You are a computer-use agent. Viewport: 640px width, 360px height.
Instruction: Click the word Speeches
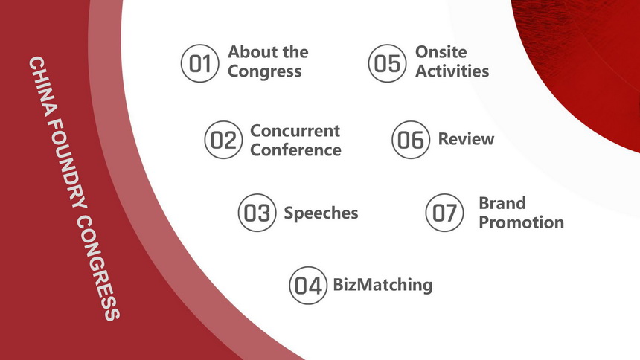321,213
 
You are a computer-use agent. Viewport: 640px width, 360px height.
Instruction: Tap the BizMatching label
383,285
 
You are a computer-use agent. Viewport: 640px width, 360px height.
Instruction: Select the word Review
466,139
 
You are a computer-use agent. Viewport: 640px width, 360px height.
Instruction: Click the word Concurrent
295,131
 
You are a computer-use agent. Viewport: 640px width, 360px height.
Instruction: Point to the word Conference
296,150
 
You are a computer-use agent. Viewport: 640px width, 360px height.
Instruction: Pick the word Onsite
441,52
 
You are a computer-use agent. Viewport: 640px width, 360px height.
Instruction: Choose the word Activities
452,71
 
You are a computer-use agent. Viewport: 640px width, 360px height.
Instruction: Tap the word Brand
502,203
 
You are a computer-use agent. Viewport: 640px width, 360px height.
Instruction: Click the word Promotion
521,222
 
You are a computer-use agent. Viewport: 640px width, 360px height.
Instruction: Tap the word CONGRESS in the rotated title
98,268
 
